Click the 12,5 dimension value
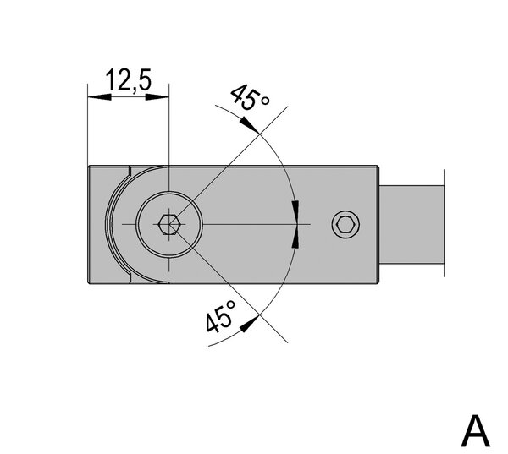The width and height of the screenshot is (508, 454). coord(129,79)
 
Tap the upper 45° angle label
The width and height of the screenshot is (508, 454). coord(250,97)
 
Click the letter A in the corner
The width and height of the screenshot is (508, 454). coord(475,430)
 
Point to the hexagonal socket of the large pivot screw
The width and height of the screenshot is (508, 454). coord(168,224)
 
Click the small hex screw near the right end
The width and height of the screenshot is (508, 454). coord(346,224)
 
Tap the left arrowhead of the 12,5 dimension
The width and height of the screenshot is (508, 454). coord(99,96)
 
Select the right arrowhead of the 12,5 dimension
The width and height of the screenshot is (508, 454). coord(157,96)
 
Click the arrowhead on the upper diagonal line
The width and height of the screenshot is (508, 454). coord(249,124)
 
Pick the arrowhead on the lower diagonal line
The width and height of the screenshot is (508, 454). coord(250,323)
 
